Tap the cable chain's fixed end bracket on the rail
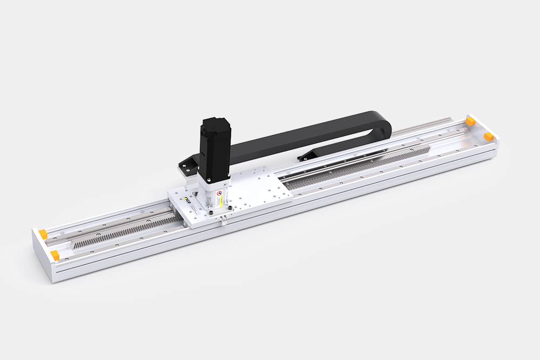pyautogui.click(x=306, y=155)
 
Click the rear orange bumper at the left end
pyautogui.click(x=42, y=233)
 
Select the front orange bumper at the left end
pyautogui.click(x=55, y=254)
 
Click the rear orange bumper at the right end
pyautogui.click(x=470, y=120)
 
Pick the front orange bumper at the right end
pyautogui.click(x=489, y=135)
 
